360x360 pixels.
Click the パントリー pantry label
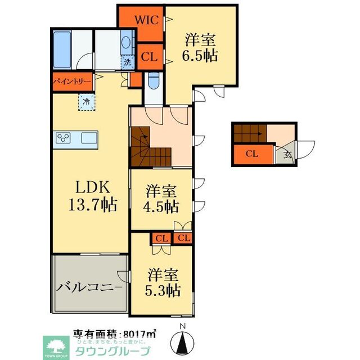tap(72, 81)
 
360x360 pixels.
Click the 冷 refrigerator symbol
tap(86, 102)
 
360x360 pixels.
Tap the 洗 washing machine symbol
tap(128, 62)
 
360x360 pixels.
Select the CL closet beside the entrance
tap(253, 154)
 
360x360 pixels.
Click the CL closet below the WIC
tap(149, 56)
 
